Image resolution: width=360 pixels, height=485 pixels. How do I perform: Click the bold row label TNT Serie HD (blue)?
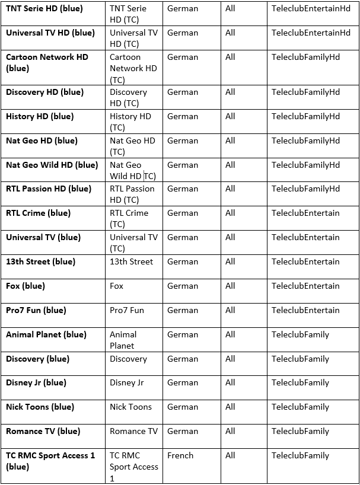44,9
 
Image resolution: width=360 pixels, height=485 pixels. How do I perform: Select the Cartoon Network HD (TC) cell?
133,68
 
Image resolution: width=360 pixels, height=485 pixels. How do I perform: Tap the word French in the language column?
180,455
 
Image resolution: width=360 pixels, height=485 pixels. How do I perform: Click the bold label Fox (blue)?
26,286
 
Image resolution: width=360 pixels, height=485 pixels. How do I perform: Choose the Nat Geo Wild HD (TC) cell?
133,170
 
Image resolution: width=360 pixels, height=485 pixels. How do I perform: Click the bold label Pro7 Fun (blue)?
36,310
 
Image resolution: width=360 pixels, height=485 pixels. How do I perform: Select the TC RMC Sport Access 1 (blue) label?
50,461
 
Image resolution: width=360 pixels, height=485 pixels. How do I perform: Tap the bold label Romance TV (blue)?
43,431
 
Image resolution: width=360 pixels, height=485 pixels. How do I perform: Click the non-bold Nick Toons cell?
130,407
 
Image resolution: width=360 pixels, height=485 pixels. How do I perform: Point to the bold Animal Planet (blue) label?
46,334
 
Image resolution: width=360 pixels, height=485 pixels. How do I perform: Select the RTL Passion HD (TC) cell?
132,194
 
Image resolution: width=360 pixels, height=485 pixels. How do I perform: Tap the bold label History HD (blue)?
40,116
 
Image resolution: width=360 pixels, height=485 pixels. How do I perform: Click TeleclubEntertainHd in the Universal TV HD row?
311,33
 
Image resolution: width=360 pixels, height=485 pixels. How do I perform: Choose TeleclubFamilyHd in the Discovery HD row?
305,92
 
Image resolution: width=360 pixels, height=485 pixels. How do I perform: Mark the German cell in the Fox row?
183,286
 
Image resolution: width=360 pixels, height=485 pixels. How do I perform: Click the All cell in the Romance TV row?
230,431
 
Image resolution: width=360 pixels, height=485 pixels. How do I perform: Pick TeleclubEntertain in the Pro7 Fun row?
305,310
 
